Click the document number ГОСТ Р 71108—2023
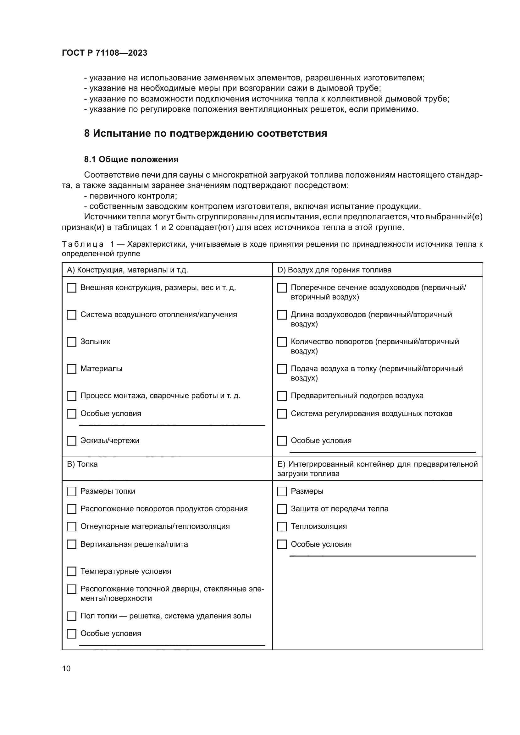click(104, 53)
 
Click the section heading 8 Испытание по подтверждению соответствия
click(205, 133)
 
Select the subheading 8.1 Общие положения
click(131, 159)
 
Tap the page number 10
click(66, 668)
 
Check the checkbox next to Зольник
click(71, 342)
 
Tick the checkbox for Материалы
click(71, 369)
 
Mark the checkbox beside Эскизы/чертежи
click(71, 441)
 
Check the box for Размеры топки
click(71, 491)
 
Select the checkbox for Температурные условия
click(71, 571)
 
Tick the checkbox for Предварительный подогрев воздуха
click(282, 396)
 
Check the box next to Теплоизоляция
click(282, 527)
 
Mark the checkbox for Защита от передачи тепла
click(282, 509)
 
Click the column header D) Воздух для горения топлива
click(334, 270)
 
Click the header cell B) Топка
click(82, 464)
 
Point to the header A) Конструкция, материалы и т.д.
click(127, 270)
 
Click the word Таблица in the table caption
click(83, 244)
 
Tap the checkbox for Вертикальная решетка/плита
click(71, 545)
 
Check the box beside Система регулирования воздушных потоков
click(282, 414)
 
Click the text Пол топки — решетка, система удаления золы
click(166, 616)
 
